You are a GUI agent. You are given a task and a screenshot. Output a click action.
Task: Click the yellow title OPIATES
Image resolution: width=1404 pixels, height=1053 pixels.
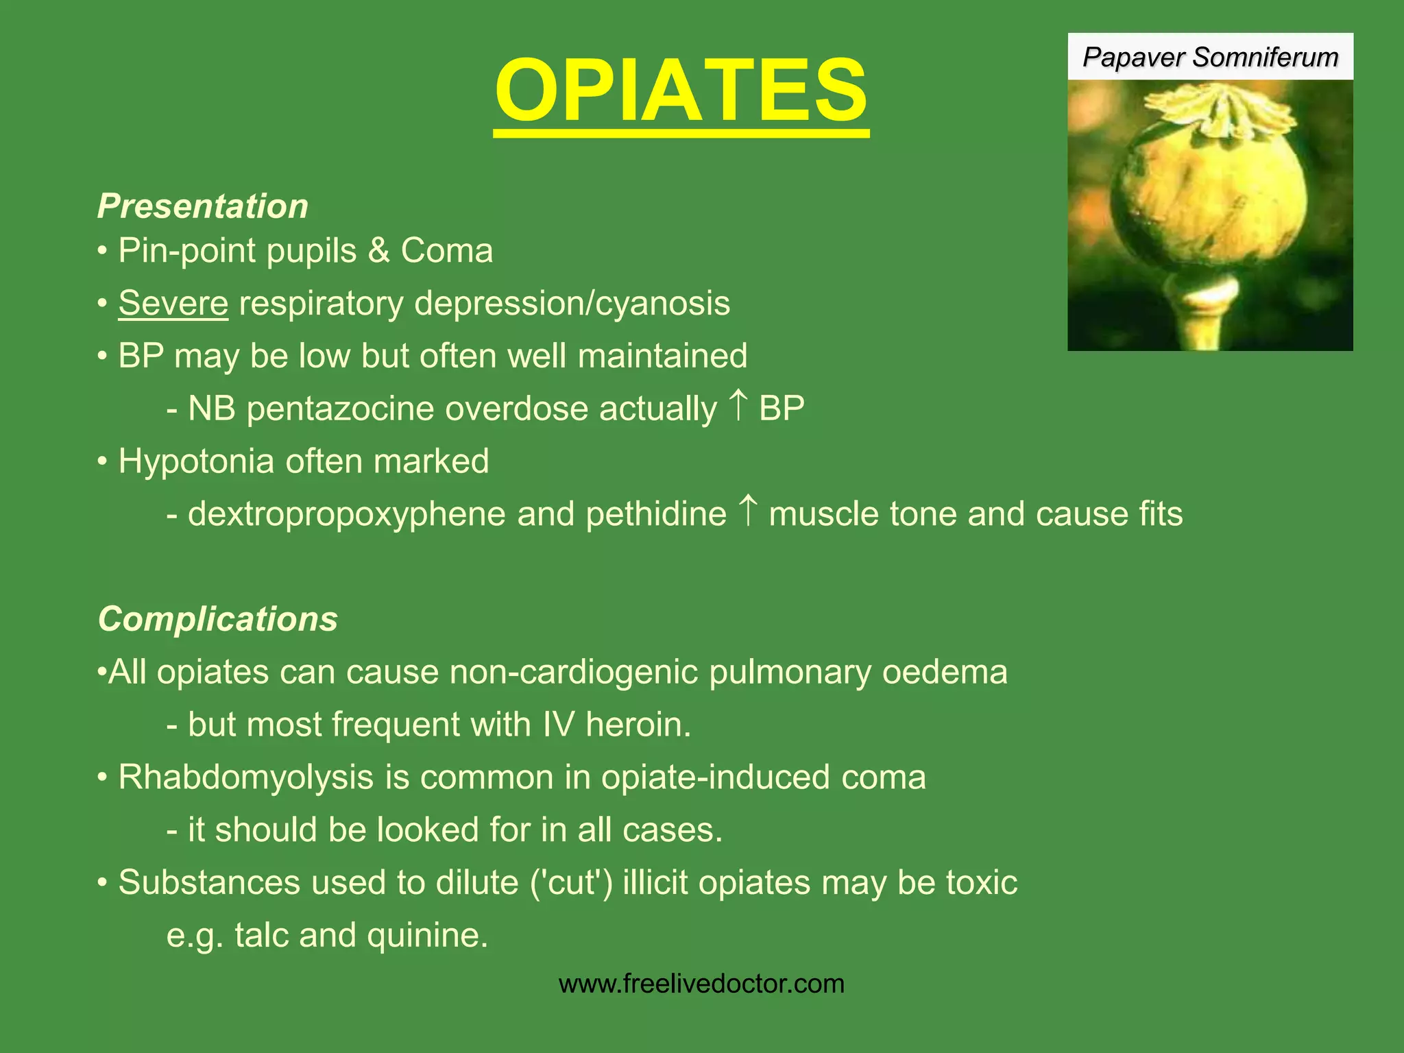tap(681, 90)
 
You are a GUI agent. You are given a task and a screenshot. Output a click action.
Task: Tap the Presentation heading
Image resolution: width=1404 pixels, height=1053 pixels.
tap(203, 206)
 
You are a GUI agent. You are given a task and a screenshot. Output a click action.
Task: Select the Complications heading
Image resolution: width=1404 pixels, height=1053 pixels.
tap(218, 619)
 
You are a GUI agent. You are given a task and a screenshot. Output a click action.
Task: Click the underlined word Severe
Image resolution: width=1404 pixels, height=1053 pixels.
tap(173, 303)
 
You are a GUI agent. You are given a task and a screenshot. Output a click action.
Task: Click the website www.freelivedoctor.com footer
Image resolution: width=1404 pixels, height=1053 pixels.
tap(701, 984)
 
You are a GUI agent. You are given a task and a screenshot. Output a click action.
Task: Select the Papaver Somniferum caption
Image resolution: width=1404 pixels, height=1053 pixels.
tap(1210, 57)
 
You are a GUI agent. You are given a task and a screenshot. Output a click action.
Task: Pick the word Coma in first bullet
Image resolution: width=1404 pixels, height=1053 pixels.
tap(446, 251)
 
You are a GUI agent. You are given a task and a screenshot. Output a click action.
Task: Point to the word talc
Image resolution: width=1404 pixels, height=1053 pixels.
tap(261, 935)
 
